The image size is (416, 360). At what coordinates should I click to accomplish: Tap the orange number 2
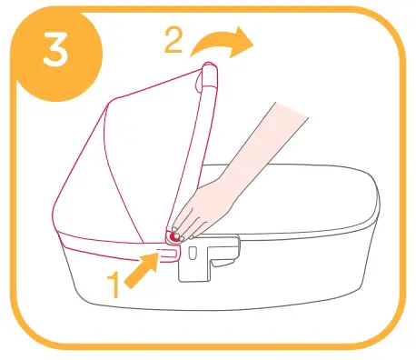point(175,40)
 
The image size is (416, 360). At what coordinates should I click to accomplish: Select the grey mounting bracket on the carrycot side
point(205,259)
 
